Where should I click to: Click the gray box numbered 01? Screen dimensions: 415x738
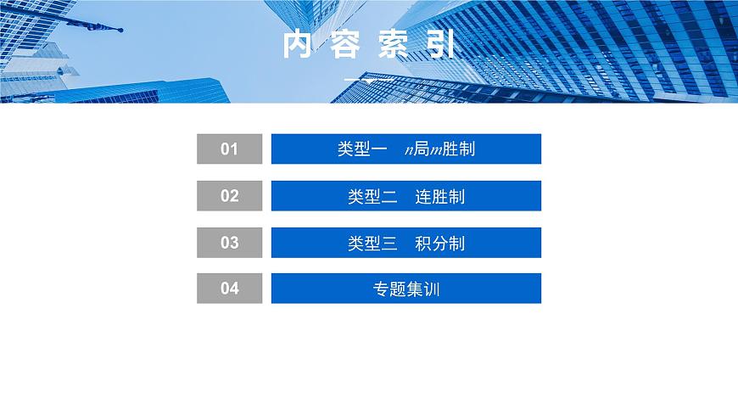(x=229, y=149)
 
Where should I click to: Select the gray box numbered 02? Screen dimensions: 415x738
(x=229, y=196)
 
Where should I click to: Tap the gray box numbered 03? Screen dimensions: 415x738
(x=229, y=243)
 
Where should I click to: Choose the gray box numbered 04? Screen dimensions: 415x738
(x=229, y=289)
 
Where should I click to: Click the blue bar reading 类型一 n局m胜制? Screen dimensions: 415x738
(x=405, y=149)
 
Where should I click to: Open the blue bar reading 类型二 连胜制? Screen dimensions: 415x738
(x=405, y=196)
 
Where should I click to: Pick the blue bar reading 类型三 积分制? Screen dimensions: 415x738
(x=405, y=243)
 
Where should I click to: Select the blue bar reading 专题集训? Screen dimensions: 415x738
(x=405, y=289)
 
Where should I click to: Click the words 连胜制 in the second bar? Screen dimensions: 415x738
(x=440, y=197)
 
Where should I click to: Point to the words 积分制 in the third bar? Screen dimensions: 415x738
(x=440, y=244)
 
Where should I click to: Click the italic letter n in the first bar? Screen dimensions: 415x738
(x=409, y=150)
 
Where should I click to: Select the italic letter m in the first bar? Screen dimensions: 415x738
(x=436, y=150)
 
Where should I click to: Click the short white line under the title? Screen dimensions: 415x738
(x=368, y=79)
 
